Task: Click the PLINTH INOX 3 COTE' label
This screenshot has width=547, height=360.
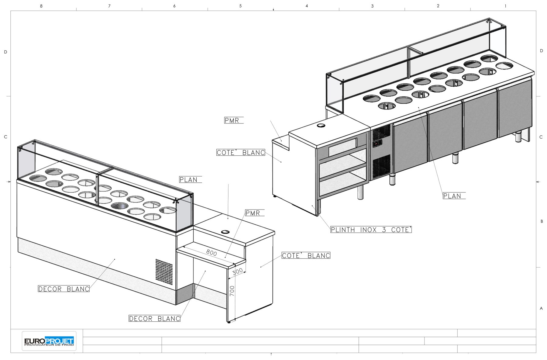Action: click(371, 230)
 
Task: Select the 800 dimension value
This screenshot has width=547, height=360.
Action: click(212, 253)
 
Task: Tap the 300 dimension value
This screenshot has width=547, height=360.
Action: click(238, 271)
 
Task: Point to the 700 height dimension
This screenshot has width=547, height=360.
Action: click(232, 291)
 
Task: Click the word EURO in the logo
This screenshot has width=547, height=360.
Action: click(34, 341)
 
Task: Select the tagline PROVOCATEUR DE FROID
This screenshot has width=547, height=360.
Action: click(49, 345)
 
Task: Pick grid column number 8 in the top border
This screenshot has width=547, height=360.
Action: click(41, 6)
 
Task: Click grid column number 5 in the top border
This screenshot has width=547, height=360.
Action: click(240, 6)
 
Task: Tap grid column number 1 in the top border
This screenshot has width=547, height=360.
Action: click(505, 6)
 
